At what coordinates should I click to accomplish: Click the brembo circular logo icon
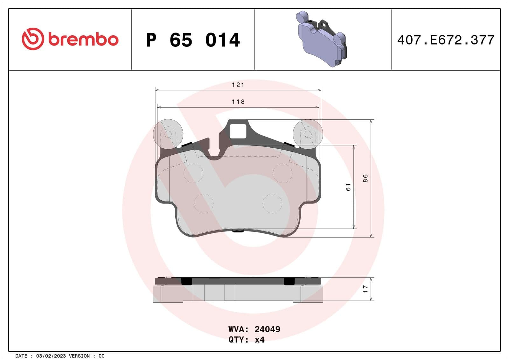(x=32, y=39)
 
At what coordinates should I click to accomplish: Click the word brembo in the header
(x=83, y=39)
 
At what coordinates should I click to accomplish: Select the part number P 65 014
(x=193, y=40)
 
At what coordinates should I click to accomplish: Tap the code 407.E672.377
(x=445, y=40)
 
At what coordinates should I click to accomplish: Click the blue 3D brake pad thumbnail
(x=321, y=39)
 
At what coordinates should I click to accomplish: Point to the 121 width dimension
(x=238, y=85)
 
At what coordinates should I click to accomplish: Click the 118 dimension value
(x=238, y=102)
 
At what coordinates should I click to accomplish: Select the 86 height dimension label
(x=365, y=178)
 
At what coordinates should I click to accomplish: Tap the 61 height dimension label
(x=348, y=187)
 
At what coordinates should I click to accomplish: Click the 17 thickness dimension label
(x=365, y=289)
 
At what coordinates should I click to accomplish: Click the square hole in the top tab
(x=238, y=131)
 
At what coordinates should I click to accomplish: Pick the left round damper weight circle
(x=168, y=134)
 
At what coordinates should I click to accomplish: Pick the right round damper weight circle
(x=308, y=134)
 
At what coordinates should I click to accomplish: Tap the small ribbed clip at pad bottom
(x=238, y=231)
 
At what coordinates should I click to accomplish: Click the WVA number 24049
(x=267, y=329)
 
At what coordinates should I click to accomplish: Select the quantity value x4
(x=260, y=340)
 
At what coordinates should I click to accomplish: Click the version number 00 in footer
(x=101, y=356)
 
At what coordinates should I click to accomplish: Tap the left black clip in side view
(x=186, y=281)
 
